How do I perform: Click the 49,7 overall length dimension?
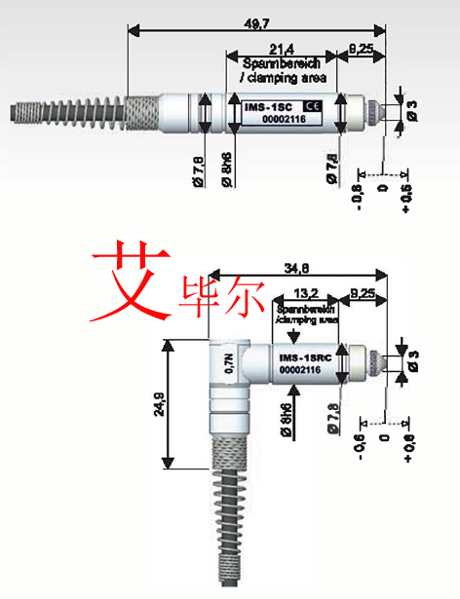click(257, 19)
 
